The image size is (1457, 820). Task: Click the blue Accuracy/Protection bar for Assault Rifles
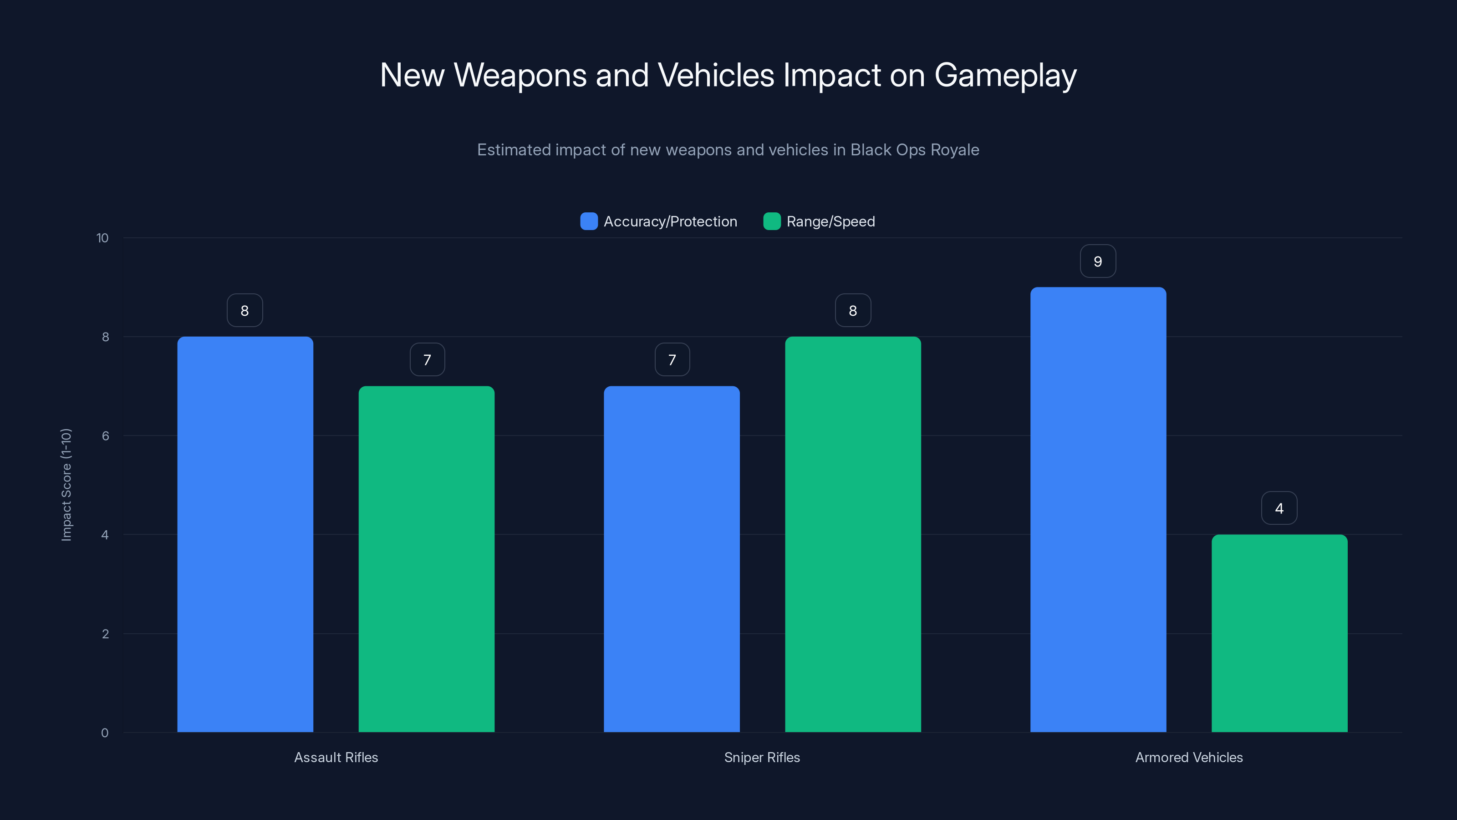click(245, 534)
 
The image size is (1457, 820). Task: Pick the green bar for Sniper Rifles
click(853, 534)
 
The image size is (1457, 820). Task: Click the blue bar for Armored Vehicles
click(1098, 509)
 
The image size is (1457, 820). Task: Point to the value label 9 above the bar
click(1098, 261)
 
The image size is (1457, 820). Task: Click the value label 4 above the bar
click(1279, 508)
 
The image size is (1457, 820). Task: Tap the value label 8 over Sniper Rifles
click(853, 311)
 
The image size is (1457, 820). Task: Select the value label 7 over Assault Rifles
click(427, 360)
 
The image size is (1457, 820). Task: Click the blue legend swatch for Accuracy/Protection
click(589, 221)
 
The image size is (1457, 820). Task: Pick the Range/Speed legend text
click(830, 221)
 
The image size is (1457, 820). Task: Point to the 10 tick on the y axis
click(102, 238)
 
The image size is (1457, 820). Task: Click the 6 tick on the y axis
click(105, 436)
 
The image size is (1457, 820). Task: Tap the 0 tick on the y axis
click(105, 733)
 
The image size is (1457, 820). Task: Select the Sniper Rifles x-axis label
click(762, 757)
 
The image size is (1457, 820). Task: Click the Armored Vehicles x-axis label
click(1189, 757)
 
